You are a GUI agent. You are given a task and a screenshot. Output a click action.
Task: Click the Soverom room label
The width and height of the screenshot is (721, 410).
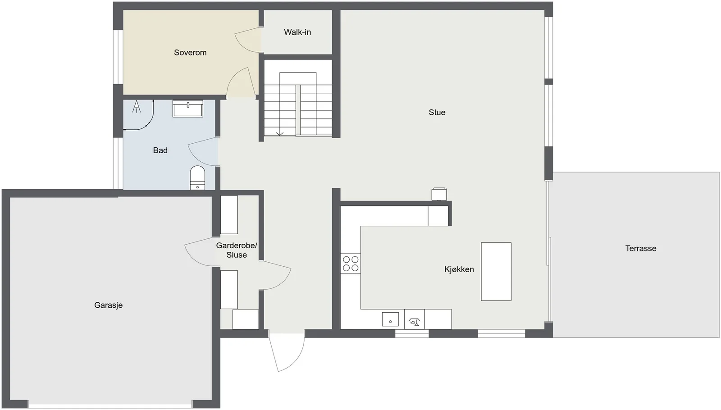(190, 52)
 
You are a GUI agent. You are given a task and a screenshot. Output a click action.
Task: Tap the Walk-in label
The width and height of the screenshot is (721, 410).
(297, 32)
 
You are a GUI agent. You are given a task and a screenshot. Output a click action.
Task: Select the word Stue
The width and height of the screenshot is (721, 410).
(437, 112)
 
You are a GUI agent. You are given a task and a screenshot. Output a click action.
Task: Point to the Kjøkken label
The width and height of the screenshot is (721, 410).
(459, 269)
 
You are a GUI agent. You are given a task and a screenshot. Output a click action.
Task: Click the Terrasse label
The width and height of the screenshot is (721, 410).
(640, 248)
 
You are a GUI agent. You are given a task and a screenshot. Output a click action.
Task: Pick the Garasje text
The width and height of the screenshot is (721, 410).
(108, 305)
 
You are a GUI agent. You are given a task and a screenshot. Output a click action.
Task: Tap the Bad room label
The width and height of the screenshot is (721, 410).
(160, 150)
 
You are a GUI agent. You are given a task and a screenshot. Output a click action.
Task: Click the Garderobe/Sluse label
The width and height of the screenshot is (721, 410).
(237, 250)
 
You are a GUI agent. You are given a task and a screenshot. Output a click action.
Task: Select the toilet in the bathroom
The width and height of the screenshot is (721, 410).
(197, 178)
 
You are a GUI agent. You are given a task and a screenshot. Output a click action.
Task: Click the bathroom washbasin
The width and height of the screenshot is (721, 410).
(187, 109)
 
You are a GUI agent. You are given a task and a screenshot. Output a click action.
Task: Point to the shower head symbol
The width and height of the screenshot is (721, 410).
(137, 106)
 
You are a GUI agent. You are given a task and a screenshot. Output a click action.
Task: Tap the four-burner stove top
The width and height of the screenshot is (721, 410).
(351, 264)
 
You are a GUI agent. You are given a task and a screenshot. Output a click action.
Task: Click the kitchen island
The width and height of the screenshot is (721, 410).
(496, 272)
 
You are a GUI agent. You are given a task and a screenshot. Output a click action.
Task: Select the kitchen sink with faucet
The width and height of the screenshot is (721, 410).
(414, 319)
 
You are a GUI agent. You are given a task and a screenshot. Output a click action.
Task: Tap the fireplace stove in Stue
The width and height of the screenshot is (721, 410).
(439, 194)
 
